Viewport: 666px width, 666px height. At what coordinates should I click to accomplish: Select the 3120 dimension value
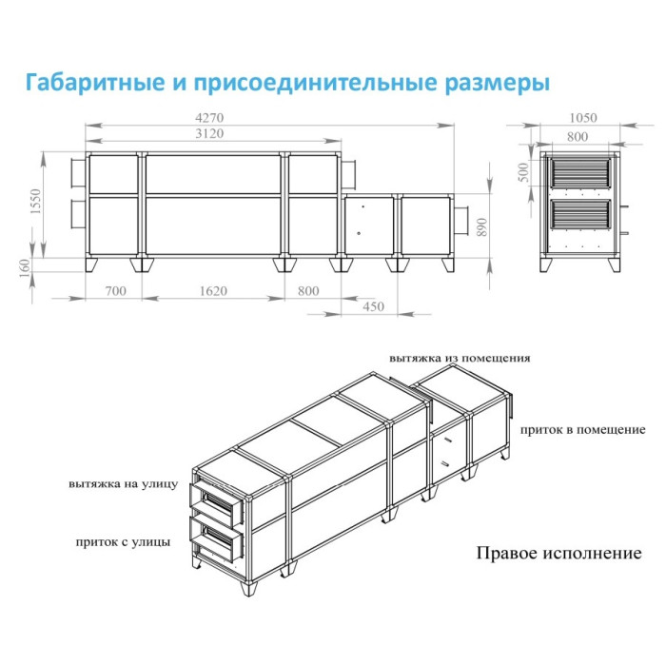[211, 133]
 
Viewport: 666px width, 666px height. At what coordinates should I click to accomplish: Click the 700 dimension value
[115, 291]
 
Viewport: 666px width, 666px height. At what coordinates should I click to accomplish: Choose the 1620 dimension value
[213, 291]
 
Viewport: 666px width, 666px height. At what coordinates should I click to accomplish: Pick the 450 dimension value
[373, 307]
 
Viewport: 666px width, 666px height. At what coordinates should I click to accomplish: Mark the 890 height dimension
[482, 225]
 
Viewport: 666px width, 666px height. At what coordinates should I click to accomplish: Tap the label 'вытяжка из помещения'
[460, 358]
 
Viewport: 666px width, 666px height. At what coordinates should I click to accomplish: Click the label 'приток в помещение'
[582, 430]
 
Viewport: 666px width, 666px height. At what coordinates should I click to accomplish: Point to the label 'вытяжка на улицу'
[123, 483]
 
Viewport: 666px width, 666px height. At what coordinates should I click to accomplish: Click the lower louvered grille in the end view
[579, 215]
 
